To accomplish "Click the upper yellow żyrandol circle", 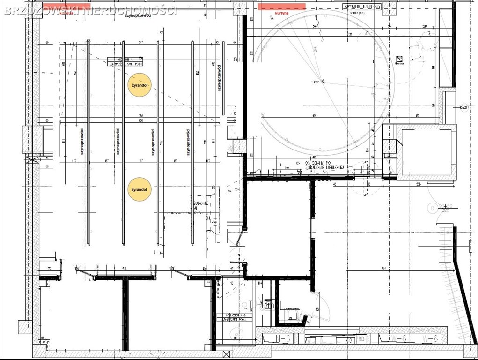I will tap(139, 85).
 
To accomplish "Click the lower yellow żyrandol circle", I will tap(139, 189).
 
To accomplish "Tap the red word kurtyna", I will tap(282, 14).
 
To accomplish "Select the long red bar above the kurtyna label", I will tap(282, 7).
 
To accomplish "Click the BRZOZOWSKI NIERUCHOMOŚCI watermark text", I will tap(90, 10).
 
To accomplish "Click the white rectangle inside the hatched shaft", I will tap(427, 152).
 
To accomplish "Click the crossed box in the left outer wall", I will tap(32, 159).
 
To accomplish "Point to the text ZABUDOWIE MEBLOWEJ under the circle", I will tap(325, 167).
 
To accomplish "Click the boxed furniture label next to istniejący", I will tap(362, 7).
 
